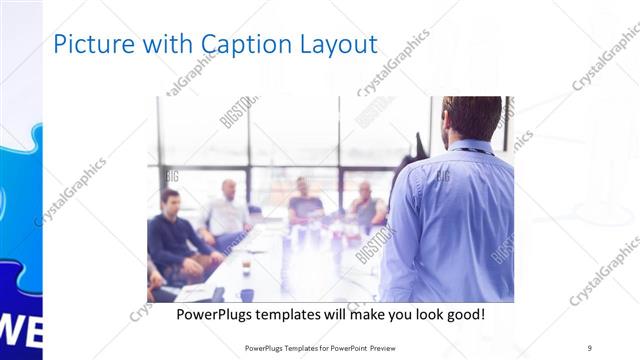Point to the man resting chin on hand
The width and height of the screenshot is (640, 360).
365,205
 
